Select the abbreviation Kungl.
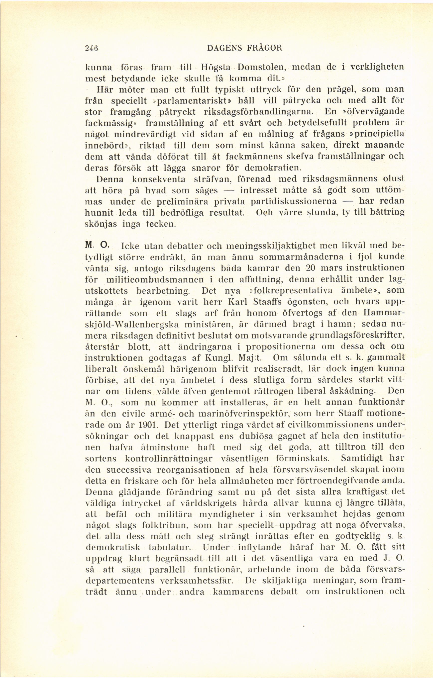220,358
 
